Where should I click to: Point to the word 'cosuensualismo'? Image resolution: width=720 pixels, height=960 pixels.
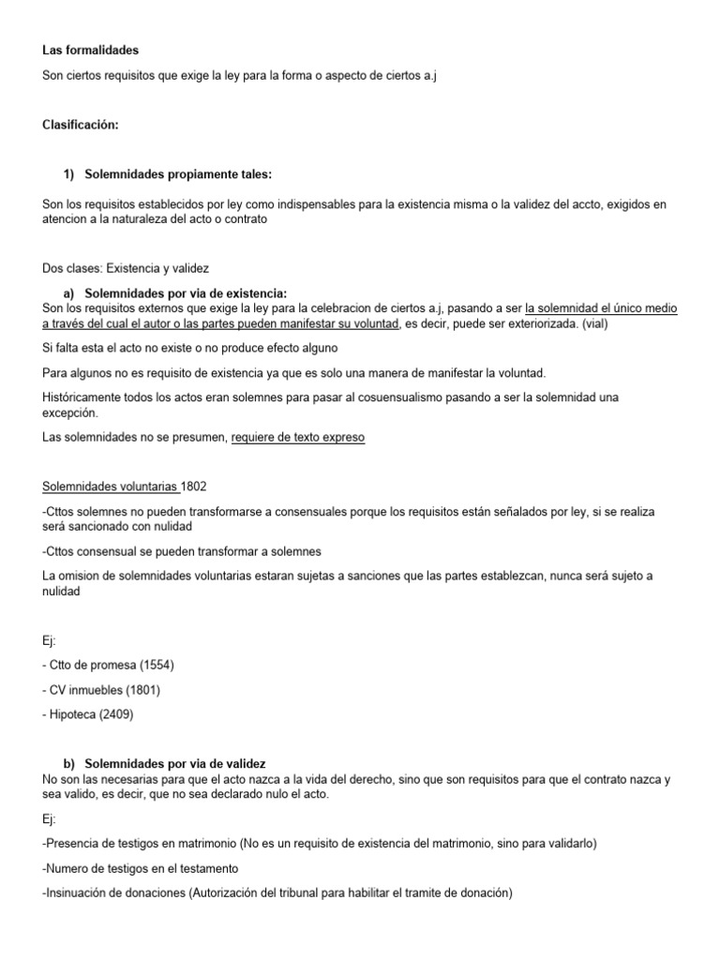click(351, 397)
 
